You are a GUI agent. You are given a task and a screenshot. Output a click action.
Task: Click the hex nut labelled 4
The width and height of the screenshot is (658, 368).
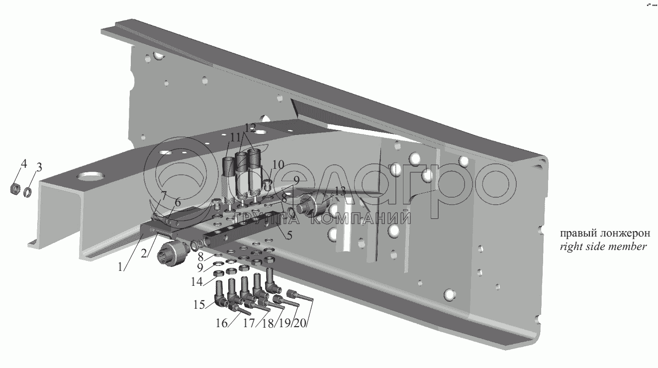pyautogui.click(x=15, y=189)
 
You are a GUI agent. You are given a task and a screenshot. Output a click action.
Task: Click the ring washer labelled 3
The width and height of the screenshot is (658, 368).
pyautogui.click(x=29, y=191)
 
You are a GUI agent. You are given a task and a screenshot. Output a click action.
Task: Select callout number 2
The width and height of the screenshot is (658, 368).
pyautogui.click(x=144, y=253)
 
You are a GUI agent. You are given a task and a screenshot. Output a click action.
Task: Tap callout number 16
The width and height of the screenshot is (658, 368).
pyautogui.click(x=221, y=323)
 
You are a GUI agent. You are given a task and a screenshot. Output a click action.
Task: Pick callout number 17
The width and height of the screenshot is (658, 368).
pyautogui.click(x=249, y=323)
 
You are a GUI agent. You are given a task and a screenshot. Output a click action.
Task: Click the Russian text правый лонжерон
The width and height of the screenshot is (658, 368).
pyautogui.click(x=598, y=234)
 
